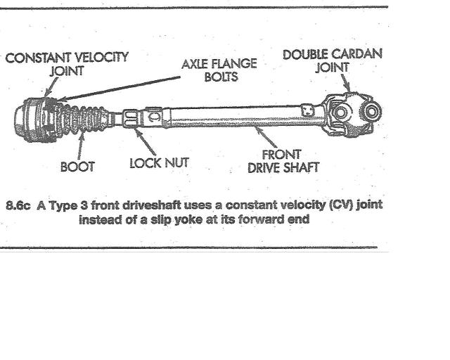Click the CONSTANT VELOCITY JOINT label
point(67,63)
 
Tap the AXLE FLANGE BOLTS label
point(219,69)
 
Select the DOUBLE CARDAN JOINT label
point(333,60)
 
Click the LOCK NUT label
point(160,165)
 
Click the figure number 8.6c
point(17,205)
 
